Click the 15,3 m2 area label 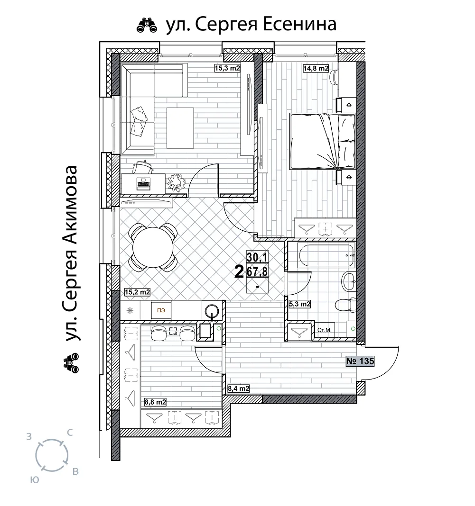(x=227, y=68)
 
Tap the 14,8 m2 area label (x=316, y=68)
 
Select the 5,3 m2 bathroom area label (x=299, y=304)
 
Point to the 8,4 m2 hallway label (x=239, y=389)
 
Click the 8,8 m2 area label (x=155, y=402)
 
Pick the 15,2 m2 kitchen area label (x=137, y=292)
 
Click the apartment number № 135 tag (x=360, y=361)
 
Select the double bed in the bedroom (x=322, y=141)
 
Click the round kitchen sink (x=212, y=310)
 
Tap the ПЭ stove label (x=161, y=310)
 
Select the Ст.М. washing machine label (x=325, y=330)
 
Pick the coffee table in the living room (x=180, y=128)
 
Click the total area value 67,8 (x=257, y=272)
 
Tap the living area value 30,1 (x=257, y=257)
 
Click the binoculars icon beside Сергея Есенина (x=147, y=25)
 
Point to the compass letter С (x=69, y=433)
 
